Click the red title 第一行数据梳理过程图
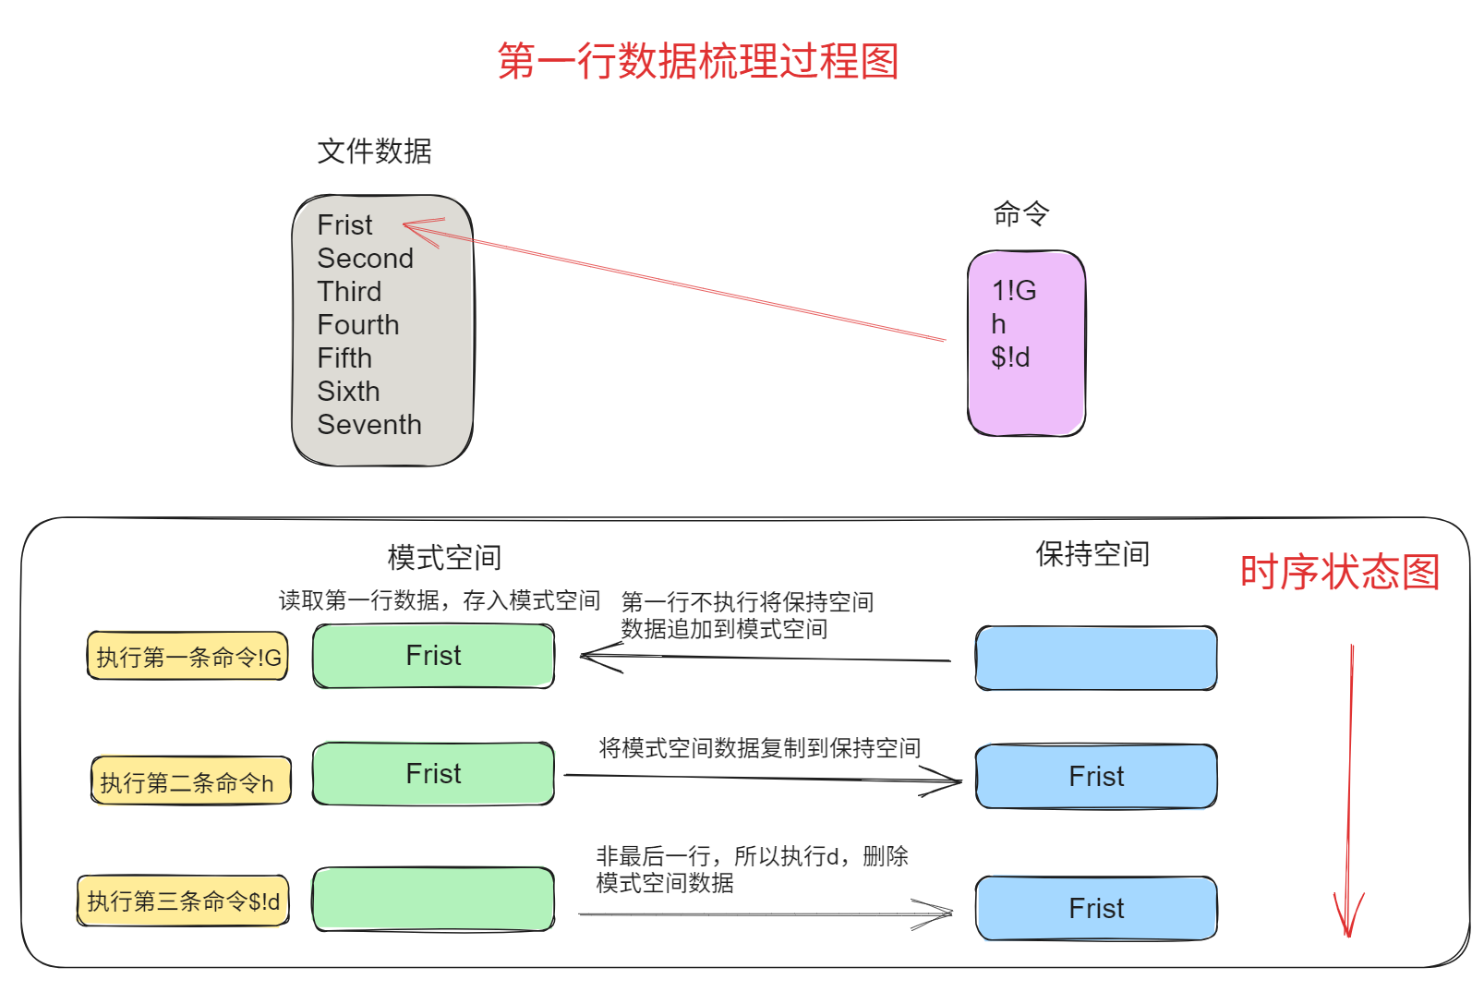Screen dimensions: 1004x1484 click(697, 62)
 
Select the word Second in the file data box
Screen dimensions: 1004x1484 click(365, 259)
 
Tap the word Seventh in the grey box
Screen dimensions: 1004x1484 click(368, 425)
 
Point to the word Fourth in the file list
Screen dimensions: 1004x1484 click(357, 325)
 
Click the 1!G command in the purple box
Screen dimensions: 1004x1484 click(1013, 291)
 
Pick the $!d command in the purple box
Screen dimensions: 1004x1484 click(1009, 357)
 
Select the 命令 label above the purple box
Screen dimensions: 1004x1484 click(1020, 213)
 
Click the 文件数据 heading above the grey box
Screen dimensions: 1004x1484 click(374, 151)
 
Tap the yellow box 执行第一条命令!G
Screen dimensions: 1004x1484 click(188, 657)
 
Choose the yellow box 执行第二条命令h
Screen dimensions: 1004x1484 click(190, 781)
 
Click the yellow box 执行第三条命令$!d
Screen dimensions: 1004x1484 click(183, 901)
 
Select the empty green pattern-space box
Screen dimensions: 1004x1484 click(433, 899)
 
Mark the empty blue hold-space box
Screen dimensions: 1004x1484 click(1096, 658)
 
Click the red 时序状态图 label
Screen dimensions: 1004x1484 click(1339, 573)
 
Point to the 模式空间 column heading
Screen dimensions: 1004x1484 click(444, 557)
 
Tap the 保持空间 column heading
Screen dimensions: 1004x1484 click(1092, 554)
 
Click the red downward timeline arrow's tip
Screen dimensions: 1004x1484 click(1348, 935)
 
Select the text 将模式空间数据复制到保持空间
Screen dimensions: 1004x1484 click(759, 748)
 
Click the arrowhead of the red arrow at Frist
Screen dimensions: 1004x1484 click(406, 224)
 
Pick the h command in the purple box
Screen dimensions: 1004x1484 click(998, 324)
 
